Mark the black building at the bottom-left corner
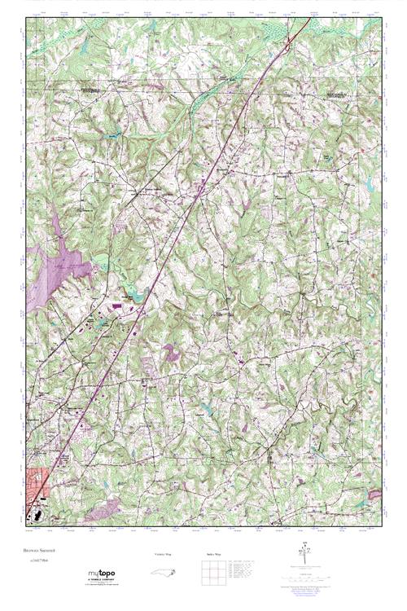[x=35, y=516]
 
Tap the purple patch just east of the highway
[x=172, y=352]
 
